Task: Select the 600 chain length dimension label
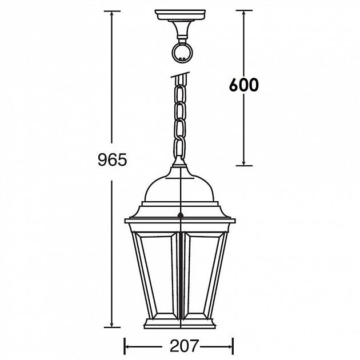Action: pyautogui.click(x=244, y=85)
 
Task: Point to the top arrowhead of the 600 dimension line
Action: pyautogui.click(x=244, y=13)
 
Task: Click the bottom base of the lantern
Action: pyautogui.click(x=181, y=323)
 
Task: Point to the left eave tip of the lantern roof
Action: pyautogui.click(x=126, y=221)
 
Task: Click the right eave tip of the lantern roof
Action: pyautogui.click(x=235, y=221)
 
